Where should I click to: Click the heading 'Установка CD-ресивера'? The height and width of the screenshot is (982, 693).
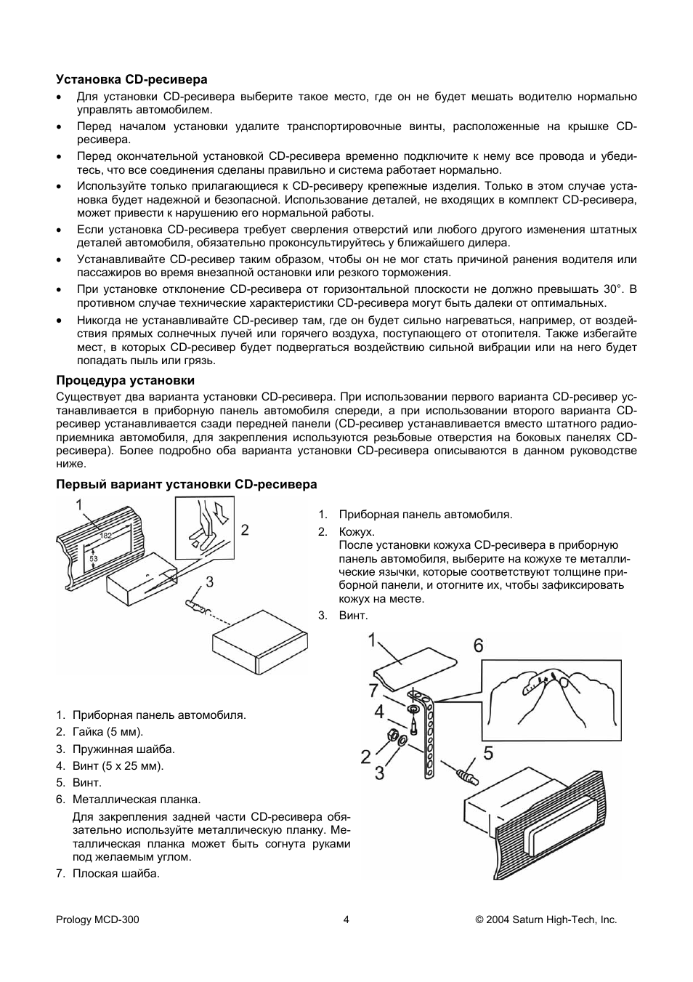(132, 79)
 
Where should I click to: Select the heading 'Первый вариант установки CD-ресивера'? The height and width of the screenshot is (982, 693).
(187, 484)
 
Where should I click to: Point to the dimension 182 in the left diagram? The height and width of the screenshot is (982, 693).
(106, 535)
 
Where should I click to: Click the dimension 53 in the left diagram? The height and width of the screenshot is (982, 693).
(94, 558)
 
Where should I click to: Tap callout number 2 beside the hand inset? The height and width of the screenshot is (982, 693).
(245, 530)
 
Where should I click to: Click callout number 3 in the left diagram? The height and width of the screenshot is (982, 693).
(209, 581)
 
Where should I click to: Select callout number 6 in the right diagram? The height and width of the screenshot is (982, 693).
(478, 645)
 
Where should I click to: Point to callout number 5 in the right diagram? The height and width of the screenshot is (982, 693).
(488, 753)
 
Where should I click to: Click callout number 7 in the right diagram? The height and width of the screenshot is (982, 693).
(373, 691)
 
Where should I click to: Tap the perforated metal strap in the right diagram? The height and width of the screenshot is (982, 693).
(427, 741)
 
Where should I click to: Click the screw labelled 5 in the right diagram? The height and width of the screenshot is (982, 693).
(467, 777)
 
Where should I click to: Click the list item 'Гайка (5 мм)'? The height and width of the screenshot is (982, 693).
(108, 732)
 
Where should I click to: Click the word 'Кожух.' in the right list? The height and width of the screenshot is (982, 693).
(357, 532)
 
